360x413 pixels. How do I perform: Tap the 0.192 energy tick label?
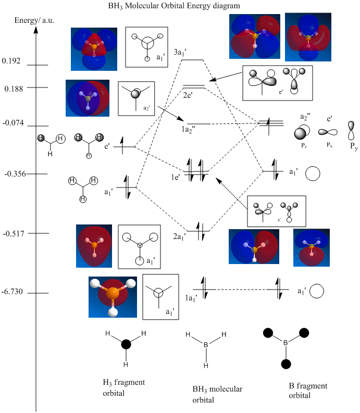point(11,61)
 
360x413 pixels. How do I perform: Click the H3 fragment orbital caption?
point(124,387)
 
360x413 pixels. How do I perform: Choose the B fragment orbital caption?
point(308,391)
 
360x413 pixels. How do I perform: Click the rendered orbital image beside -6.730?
point(113,297)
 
